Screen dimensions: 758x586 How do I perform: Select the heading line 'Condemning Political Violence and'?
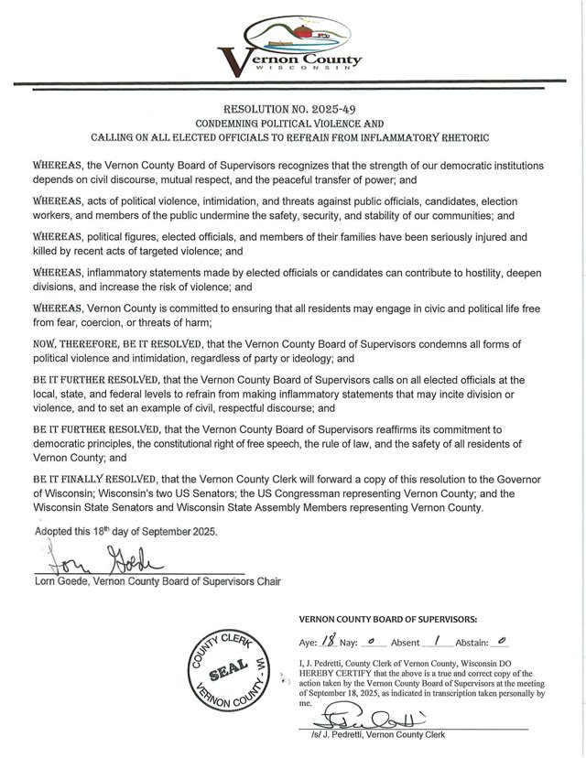coord(294,123)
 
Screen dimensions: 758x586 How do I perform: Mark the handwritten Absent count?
coord(442,644)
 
